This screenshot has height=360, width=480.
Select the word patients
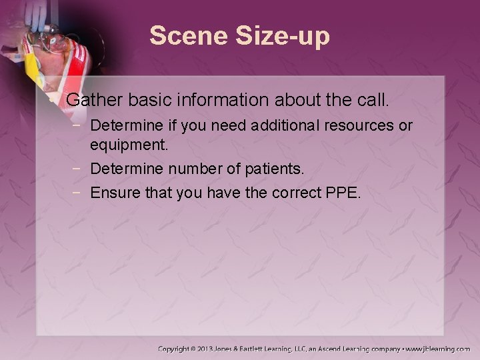pos(274,169)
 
